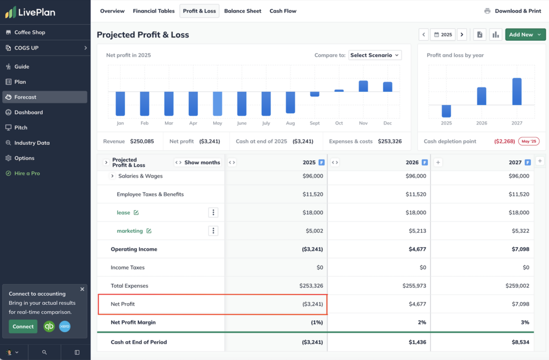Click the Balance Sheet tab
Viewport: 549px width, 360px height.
tap(242, 11)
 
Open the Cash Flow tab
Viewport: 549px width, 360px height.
tap(283, 11)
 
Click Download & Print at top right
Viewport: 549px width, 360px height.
tap(513, 11)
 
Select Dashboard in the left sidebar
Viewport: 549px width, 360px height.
tap(28, 112)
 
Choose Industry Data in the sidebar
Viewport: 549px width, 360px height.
tap(32, 143)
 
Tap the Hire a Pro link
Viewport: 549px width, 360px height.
tap(27, 173)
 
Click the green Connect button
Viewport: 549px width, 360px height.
tap(23, 326)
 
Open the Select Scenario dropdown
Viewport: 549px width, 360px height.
tap(375, 55)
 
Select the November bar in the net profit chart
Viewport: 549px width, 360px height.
tap(363, 86)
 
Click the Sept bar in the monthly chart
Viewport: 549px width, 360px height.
tap(315, 94)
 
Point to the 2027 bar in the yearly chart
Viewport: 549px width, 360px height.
tap(517, 92)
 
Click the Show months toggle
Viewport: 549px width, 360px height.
tap(198, 163)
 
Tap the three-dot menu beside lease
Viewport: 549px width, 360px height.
tap(213, 212)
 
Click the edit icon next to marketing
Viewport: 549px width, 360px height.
tap(149, 231)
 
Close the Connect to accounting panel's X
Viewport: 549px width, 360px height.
tap(82, 289)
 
